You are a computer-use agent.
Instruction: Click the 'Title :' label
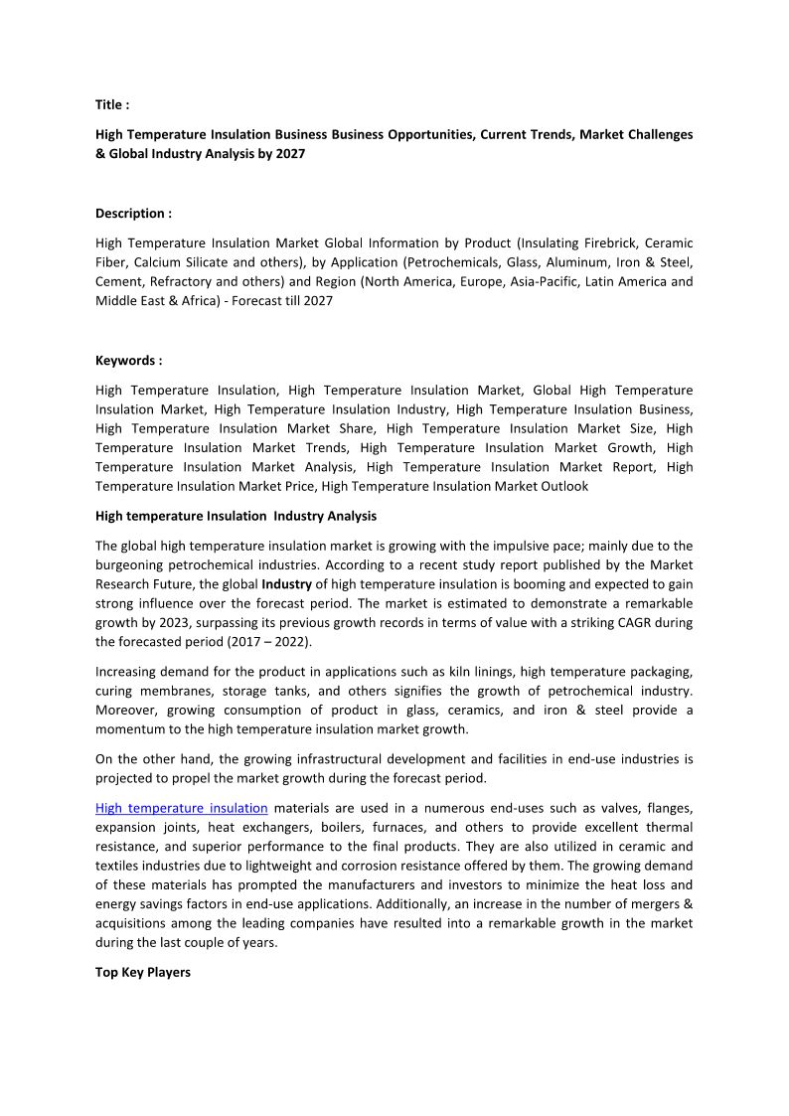coord(111,104)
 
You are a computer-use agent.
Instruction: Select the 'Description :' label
coord(133,213)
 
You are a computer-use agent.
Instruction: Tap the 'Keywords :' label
coord(128,361)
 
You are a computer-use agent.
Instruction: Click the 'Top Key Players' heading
coord(142,972)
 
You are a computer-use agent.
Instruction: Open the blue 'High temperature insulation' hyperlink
coord(182,808)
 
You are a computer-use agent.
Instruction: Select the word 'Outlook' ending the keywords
coord(565,486)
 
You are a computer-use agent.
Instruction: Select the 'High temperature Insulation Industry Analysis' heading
coord(236,516)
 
